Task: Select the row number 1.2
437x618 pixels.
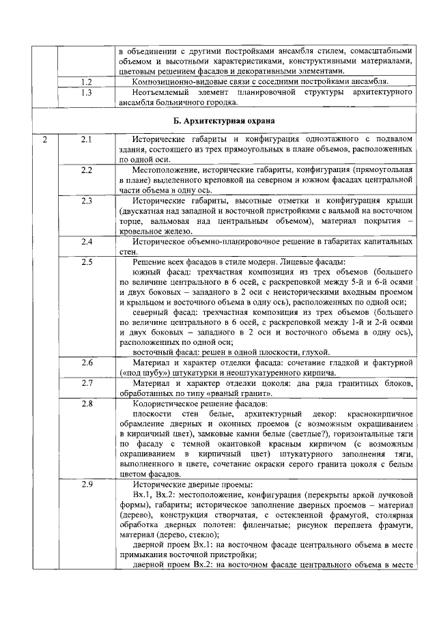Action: (86, 81)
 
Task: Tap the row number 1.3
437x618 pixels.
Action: (86, 92)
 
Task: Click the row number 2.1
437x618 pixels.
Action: (86, 139)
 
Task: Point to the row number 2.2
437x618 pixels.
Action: (86, 169)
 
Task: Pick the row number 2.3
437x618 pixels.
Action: (86, 200)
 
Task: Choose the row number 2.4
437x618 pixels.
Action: (86, 241)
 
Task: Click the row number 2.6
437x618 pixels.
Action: (86, 362)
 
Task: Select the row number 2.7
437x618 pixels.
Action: (86, 382)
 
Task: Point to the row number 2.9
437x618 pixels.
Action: (86, 484)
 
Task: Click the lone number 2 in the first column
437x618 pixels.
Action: (44, 139)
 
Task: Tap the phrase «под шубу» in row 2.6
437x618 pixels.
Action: (141, 373)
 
